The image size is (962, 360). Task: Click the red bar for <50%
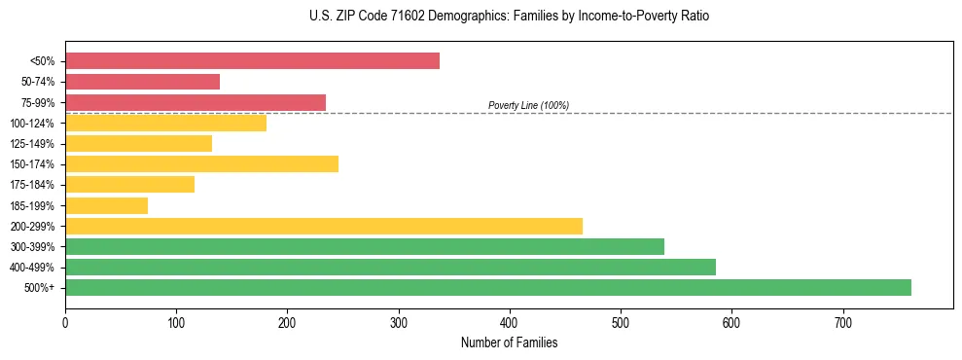point(252,61)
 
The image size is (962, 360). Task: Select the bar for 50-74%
point(142,82)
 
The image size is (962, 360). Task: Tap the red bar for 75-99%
point(196,102)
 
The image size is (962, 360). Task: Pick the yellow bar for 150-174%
point(201,163)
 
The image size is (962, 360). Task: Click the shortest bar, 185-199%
point(106,205)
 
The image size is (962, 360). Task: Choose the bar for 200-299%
point(324,226)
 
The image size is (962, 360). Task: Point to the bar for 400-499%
point(390,267)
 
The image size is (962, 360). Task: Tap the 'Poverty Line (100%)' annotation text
point(528,105)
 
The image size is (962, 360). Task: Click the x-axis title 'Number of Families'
point(509,342)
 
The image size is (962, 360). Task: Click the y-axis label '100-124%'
point(32,124)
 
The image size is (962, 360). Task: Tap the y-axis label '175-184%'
point(32,185)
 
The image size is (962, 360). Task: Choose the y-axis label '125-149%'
point(32,144)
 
